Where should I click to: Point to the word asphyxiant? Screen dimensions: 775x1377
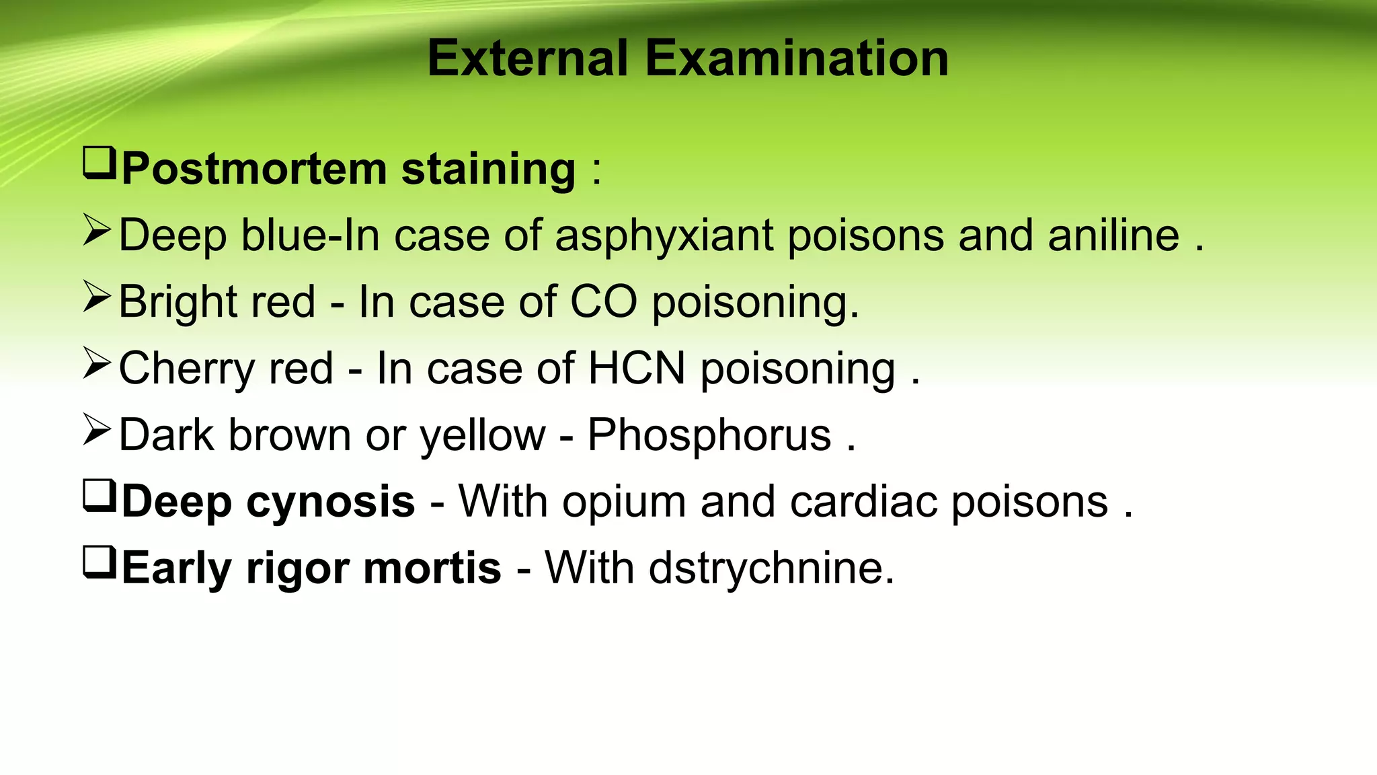tap(664, 236)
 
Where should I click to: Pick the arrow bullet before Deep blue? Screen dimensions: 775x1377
tap(97, 230)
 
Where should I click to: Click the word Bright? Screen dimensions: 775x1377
tap(178, 303)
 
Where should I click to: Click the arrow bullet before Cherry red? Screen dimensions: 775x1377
tap(97, 363)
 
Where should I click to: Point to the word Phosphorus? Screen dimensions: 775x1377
tap(709, 436)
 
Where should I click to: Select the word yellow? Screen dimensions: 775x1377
tap(482, 436)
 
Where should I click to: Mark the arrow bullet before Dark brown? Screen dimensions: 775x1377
tap(97, 430)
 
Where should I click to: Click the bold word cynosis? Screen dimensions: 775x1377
tap(331, 503)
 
